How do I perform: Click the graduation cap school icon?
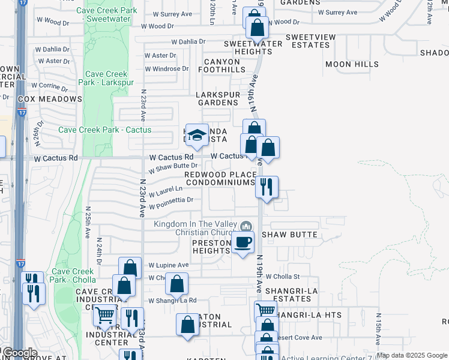196,136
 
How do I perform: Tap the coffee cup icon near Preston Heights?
243,243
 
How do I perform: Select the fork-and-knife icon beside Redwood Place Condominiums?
267,187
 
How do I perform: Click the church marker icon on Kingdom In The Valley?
246,227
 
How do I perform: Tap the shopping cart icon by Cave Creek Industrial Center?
106,314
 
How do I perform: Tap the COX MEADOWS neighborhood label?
50,99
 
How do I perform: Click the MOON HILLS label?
352,64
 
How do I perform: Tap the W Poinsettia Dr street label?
171,200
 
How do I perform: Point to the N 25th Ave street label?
88,223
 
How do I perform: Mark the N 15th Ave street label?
379,328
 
